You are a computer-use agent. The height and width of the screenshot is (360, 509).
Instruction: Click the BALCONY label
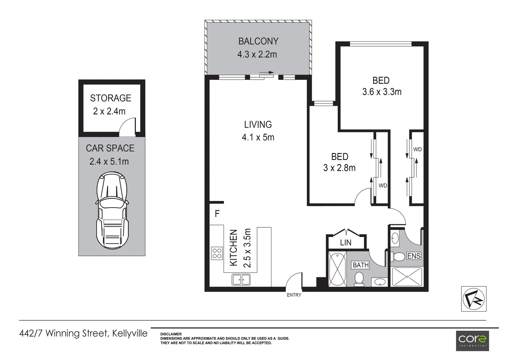(258, 41)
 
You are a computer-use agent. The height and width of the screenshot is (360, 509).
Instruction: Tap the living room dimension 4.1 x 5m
(258, 137)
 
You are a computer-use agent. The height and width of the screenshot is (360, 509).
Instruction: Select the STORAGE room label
(111, 98)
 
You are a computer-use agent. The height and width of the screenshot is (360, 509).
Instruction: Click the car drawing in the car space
(112, 210)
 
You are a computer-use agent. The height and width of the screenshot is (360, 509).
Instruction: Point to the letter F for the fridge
(217, 214)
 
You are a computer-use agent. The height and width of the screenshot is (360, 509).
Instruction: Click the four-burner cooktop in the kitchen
(217, 253)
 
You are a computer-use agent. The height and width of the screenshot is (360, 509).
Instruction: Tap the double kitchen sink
(241, 279)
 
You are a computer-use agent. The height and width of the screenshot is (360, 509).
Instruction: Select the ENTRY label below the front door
(294, 295)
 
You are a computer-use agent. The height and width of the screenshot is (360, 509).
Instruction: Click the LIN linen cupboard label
(345, 243)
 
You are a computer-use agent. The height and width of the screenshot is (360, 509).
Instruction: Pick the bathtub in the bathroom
(337, 269)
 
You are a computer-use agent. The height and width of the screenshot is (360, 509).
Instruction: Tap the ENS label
(414, 256)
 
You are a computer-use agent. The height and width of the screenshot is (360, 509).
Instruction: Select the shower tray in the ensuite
(407, 276)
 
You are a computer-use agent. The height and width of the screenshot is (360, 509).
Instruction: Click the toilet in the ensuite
(398, 256)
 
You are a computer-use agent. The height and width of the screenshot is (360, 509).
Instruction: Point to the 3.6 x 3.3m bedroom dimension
(382, 92)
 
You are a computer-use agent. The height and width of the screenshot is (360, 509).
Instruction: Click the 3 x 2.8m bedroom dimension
(339, 168)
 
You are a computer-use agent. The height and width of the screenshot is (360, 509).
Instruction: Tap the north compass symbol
(473, 299)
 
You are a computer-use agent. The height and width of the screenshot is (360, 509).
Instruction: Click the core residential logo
(472, 340)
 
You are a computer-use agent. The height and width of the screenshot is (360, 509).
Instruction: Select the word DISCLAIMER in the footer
(171, 334)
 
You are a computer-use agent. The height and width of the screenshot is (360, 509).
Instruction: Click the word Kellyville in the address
(130, 333)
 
